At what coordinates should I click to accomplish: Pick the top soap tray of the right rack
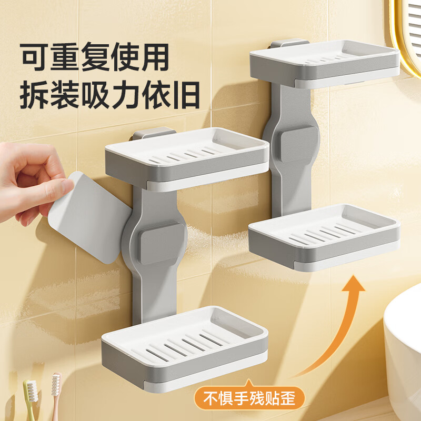[324, 63]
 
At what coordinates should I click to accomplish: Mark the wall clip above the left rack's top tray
[152, 133]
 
